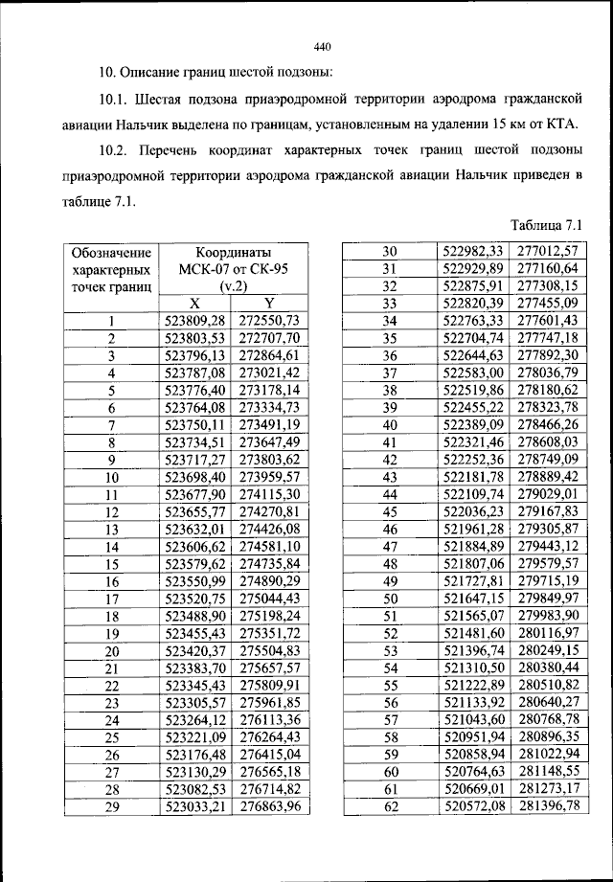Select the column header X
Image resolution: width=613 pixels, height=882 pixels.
point(193,303)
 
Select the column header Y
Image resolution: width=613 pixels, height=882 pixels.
point(269,303)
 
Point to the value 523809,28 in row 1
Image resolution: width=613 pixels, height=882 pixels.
point(194,320)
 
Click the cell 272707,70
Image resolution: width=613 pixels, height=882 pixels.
point(270,338)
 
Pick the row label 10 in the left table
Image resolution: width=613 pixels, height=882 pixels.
point(111,477)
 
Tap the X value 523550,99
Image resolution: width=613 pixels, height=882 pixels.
point(194,581)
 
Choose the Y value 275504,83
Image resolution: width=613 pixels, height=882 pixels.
point(270,651)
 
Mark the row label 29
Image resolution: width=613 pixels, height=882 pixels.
point(111,807)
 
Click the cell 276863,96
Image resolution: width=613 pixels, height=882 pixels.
point(270,807)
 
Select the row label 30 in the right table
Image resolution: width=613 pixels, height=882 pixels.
point(390,251)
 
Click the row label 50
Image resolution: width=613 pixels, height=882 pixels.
point(390,599)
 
